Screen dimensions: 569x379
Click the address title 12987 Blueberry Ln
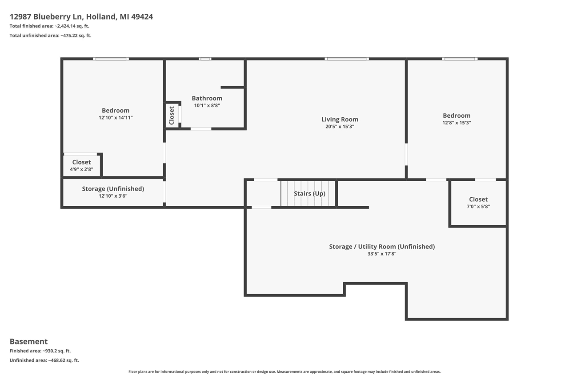81,17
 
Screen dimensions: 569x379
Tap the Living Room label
340,120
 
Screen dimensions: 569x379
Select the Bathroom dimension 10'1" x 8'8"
207,105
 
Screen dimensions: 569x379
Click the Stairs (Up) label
309,194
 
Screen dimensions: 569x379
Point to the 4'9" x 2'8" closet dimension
81,169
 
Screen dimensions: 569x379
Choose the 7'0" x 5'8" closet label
478,199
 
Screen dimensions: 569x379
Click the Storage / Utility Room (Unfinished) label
382,247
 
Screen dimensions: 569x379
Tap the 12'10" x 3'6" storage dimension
113,196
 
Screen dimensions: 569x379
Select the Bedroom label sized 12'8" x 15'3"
457,116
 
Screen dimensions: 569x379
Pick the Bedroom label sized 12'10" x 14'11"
116,111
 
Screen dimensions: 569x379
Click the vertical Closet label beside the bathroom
172,116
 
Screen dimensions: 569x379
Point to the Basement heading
29,341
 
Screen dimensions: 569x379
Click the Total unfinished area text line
50,36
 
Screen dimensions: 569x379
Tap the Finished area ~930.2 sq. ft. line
40,351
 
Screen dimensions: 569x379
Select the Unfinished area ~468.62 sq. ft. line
44,360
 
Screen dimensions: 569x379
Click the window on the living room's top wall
347,59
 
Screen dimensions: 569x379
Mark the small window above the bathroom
205,59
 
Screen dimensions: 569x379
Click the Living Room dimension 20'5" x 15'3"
340,127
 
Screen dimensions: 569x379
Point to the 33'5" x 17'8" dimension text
382,254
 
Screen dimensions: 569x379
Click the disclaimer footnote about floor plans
284,371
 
